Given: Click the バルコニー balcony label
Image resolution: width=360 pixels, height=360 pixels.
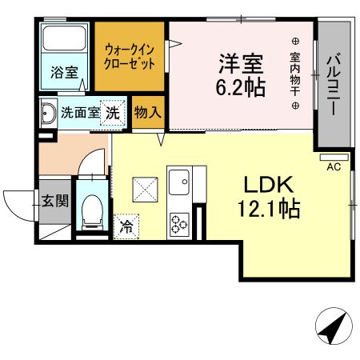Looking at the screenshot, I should tap(333, 80).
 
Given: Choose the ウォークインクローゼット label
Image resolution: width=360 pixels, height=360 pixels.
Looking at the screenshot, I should tap(130, 56).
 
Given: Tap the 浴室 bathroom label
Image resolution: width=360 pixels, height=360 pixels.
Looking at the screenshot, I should tap(64, 72).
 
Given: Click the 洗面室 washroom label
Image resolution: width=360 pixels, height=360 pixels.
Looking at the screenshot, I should tap(80, 112).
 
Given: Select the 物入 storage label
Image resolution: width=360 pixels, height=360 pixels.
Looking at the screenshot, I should tap(147, 111).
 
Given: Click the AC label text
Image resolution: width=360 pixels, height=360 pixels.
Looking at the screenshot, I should tap(334, 166).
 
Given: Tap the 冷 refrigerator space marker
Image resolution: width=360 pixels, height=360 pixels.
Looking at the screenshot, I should tap(126, 226).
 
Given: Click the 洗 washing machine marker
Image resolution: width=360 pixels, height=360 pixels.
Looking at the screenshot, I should tap(114, 112).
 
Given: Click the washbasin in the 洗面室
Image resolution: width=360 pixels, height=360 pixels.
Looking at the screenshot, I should tap(46, 113).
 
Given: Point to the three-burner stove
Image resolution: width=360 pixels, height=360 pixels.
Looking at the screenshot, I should tap(177, 223).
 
